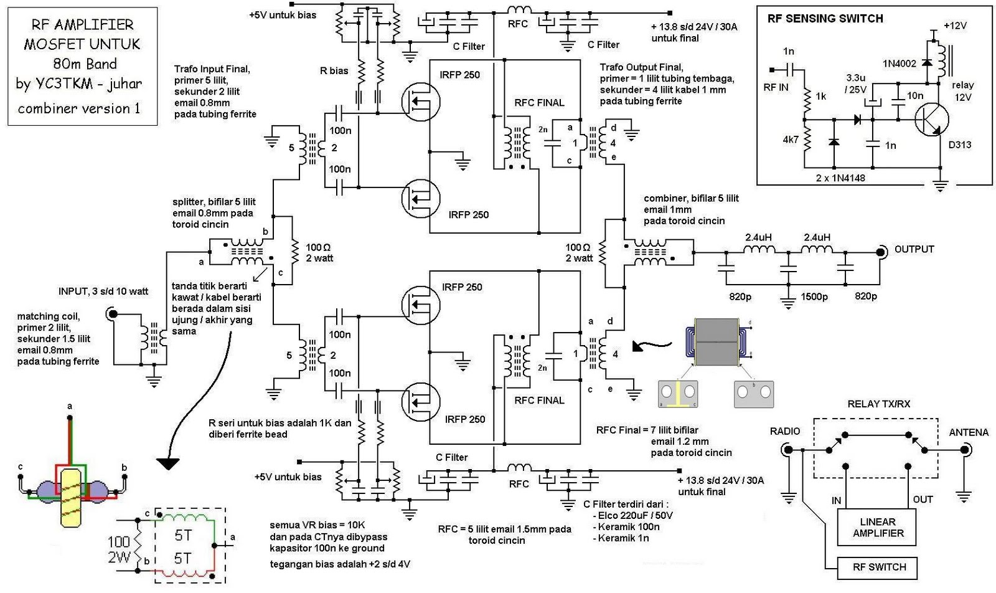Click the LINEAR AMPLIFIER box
coord(878,527)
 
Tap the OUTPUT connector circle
coord(881,252)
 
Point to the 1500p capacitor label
coord(814,297)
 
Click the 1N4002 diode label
coord(899,64)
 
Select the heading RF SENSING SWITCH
coord(825,19)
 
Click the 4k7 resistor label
coord(791,140)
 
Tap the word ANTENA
coord(968,432)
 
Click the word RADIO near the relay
coord(785,431)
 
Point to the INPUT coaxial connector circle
coord(113,314)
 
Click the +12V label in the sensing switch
coord(955,26)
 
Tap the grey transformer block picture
coord(716,342)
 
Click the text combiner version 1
coord(79,108)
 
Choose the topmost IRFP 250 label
coord(459,75)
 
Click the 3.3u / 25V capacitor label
coord(855,83)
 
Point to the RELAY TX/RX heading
coord(878,404)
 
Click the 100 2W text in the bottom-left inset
coord(118,549)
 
